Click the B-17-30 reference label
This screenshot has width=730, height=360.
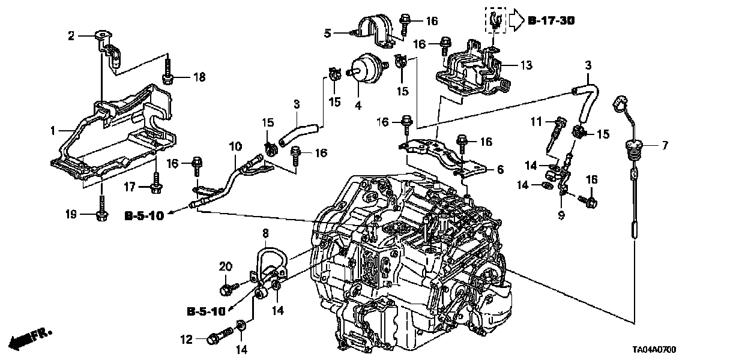click(552, 22)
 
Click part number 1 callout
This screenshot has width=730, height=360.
click(53, 130)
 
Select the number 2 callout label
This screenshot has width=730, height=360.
click(71, 36)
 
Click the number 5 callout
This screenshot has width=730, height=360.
click(327, 34)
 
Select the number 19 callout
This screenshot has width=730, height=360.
click(71, 213)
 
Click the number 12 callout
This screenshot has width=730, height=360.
click(187, 340)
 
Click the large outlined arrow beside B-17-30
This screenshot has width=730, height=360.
click(516, 22)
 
